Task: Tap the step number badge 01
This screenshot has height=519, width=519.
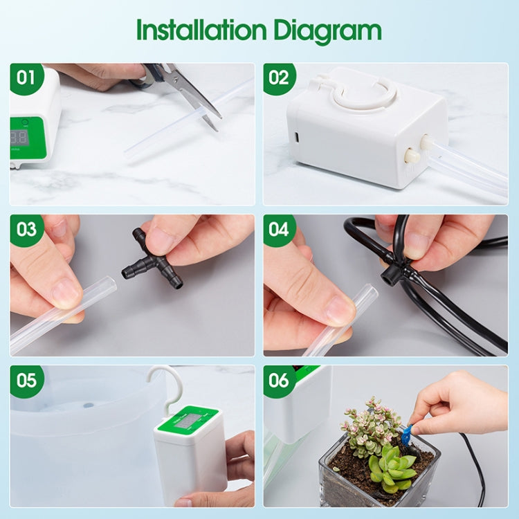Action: (x=26, y=78)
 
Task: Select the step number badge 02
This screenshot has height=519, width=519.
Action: (x=279, y=78)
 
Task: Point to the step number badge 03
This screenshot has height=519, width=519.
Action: (x=26, y=230)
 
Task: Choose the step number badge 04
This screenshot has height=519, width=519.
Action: (x=279, y=230)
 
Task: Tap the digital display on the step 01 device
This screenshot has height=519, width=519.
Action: (x=19, y=137)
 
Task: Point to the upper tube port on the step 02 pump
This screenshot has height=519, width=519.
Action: (x=426, y=141)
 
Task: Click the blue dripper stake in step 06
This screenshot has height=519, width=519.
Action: (x=406, y=435)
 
